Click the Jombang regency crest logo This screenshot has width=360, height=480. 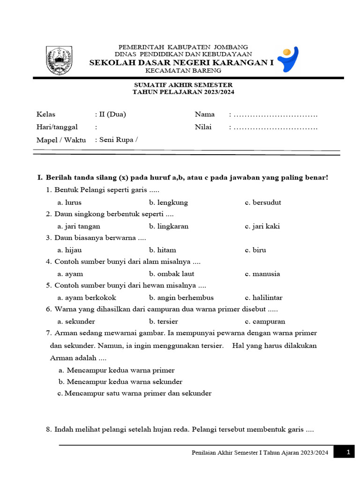59,60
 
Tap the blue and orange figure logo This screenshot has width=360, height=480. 287,59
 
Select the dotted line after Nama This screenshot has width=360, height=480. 275,114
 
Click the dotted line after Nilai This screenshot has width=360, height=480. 275,127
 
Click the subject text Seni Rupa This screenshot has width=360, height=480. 116,139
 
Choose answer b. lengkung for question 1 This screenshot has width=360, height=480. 168,202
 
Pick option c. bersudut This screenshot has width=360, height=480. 263,202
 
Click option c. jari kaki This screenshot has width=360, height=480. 262,226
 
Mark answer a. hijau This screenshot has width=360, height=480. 69,250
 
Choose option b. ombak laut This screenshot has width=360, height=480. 172,274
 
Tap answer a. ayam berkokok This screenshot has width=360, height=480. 87,298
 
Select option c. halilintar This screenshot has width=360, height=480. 263,298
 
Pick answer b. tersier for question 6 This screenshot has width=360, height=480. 164,322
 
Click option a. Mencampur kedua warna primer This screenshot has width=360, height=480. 117,370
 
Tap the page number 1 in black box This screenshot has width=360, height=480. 348,452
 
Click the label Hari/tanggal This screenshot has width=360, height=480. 57,127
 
